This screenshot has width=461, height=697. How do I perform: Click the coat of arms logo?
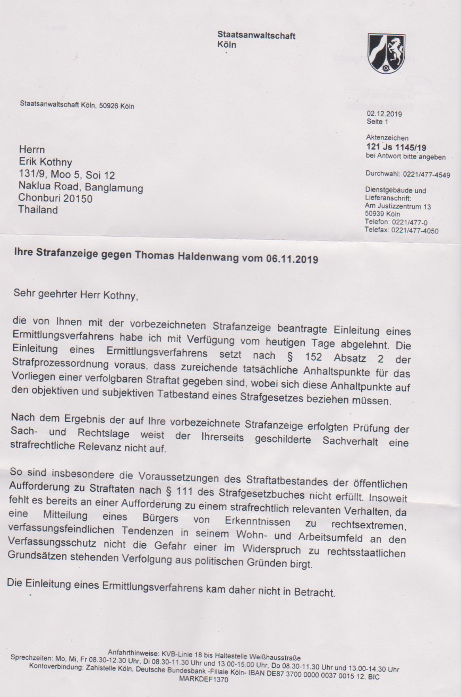(386, 54)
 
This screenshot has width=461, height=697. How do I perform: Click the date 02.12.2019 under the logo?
(384, 114)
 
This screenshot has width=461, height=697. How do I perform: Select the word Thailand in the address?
(38, 210)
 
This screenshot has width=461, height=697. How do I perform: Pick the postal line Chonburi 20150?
(56, 198)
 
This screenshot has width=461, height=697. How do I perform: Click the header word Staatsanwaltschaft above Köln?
(257, 36)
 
